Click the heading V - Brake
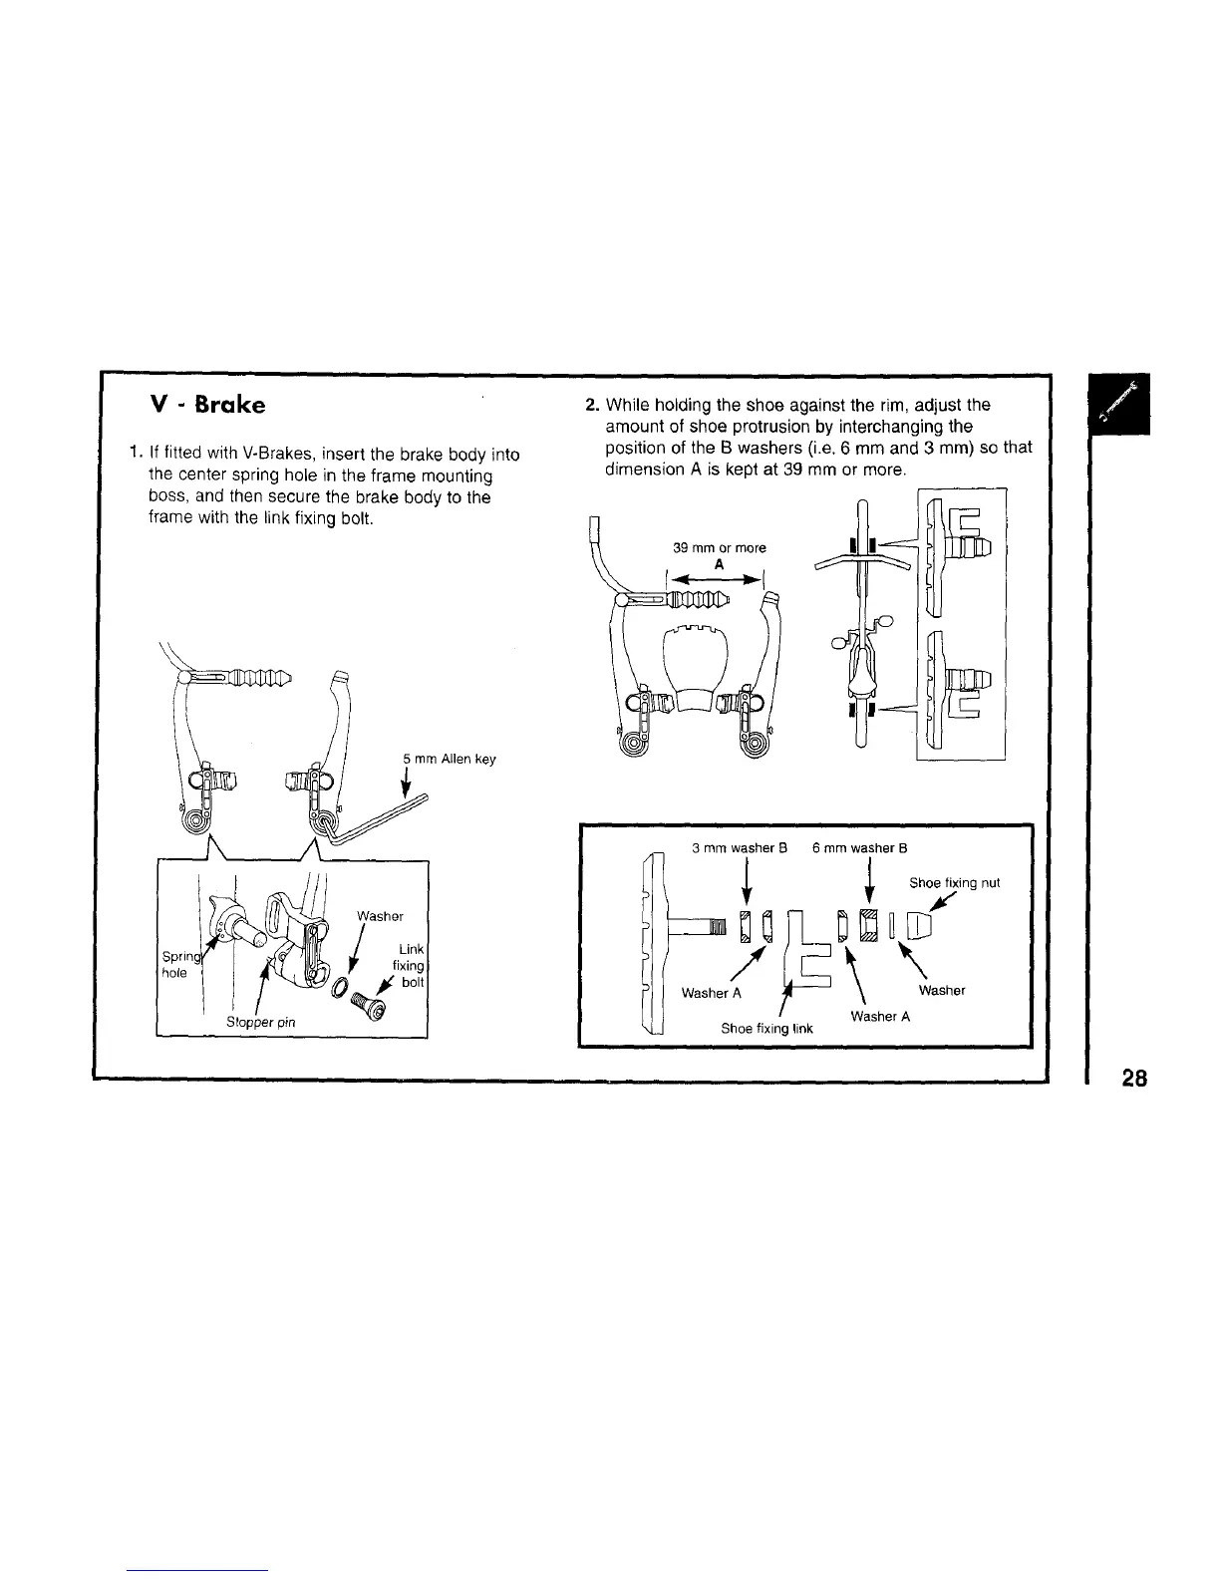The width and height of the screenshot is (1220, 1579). pos(206,406)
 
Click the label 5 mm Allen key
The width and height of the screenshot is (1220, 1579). pos(449,760)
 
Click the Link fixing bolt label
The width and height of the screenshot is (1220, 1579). pos(409,966)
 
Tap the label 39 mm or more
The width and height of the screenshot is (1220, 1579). pos(720,547)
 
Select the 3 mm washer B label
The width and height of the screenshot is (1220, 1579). pos(740,848)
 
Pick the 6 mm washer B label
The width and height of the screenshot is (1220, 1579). pos(859,848)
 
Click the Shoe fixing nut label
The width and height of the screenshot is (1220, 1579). pos(955,882)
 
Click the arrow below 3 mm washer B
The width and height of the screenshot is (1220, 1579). pos(748,882)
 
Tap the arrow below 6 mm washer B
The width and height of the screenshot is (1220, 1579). pos(872,882)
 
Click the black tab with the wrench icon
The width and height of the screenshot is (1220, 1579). pos(1119,403)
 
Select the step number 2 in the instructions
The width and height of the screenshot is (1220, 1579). pos(591,405)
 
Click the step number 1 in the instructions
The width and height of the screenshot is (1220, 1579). pos(134,455)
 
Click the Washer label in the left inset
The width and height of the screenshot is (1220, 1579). pos(379,916)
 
